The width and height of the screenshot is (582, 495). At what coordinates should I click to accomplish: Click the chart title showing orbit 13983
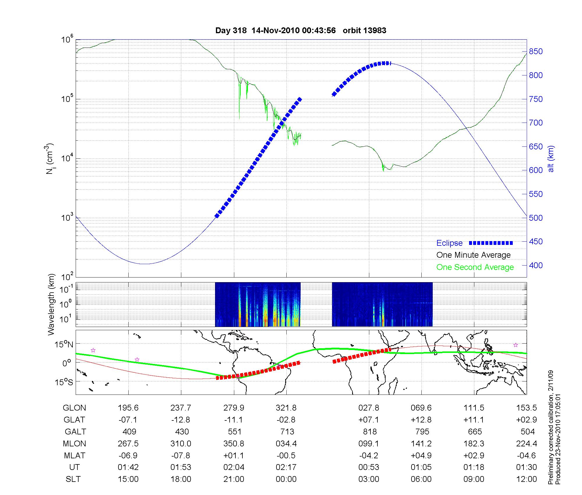click(301, 31)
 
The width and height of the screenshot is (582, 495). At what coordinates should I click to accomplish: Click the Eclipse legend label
click(449, 243)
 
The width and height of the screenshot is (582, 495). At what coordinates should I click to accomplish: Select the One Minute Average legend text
click(473, 255)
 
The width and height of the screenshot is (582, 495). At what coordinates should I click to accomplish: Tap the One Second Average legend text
click(475, 267)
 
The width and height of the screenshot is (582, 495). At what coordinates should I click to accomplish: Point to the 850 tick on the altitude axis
click(536, 52)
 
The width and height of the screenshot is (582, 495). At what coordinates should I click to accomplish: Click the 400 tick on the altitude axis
click(536, 265)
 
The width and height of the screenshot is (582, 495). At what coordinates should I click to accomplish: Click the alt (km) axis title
click(551, 159)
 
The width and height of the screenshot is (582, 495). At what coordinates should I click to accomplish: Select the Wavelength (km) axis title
click(51, 304)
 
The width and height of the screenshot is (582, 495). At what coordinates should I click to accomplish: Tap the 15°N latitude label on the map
click(63, 345)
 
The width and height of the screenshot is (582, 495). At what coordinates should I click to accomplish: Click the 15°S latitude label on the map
click(63, 382)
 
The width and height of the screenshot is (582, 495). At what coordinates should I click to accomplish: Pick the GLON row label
click(74, 408)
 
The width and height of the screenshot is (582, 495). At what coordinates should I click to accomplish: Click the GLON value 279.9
click(234, 408)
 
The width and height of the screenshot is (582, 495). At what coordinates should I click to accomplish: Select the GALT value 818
click(370, 432)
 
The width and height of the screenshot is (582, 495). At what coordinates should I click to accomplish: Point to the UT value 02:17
click(286, 467)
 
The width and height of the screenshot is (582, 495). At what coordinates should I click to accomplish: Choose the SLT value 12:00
click(526, 479)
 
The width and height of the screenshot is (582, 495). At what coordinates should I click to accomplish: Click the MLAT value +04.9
click(421, 455)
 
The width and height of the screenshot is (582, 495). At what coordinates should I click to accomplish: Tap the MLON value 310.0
click(181, 443)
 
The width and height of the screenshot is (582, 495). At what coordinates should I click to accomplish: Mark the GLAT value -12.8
click(181, 420)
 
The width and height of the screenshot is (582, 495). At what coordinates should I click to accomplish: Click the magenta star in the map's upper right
click(516, 345)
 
